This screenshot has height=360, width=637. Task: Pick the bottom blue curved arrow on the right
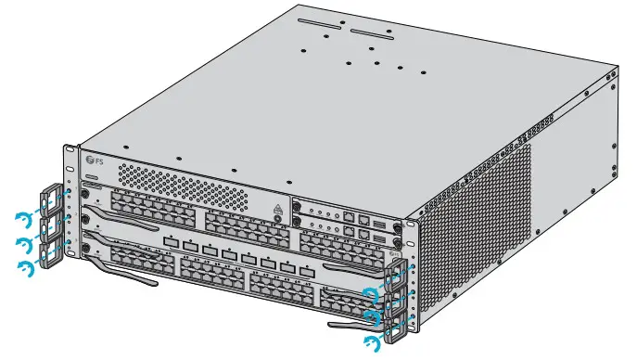click(373, 345)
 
